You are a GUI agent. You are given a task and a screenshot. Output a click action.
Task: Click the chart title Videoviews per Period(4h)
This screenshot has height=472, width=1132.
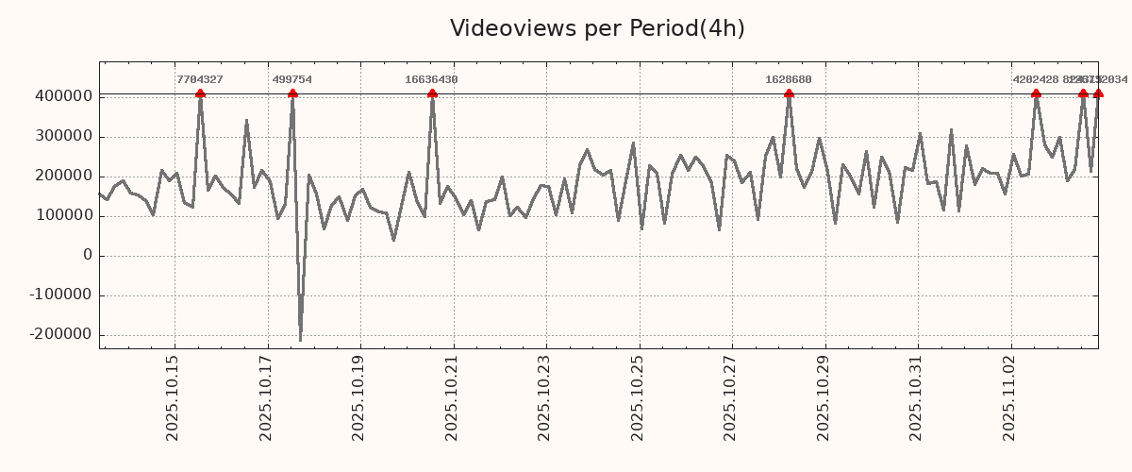point(597,28)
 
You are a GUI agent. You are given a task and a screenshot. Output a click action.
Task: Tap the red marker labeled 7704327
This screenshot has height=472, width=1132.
point(200,93)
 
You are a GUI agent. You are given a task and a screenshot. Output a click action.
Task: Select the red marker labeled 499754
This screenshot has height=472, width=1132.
point(292,93)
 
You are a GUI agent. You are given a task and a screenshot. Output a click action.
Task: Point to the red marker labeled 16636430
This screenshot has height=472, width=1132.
point(432,93)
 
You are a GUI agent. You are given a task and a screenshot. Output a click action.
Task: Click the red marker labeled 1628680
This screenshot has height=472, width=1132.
point(789,93)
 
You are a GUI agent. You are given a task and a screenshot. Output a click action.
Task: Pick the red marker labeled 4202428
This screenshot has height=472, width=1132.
point(1036,93)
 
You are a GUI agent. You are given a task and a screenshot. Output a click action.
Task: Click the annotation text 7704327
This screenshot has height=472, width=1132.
point(200,80)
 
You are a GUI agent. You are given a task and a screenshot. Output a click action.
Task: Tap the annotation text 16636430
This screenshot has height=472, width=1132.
point(431,80)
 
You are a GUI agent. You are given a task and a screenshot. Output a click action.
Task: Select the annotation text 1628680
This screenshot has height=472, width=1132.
point(789,80)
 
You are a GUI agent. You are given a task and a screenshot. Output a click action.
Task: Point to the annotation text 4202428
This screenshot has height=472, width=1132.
point(1035,80)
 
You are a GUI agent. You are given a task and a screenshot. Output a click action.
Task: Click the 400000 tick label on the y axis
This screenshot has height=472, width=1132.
point(63,96)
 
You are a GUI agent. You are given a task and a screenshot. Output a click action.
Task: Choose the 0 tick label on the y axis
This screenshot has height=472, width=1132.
point(88,256)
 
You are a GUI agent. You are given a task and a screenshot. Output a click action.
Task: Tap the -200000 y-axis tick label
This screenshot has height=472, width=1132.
point(60,335)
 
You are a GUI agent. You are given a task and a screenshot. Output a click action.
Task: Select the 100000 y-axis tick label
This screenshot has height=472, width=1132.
point(63,216)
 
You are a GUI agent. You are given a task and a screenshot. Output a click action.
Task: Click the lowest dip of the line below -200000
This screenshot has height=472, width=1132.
point(300,340)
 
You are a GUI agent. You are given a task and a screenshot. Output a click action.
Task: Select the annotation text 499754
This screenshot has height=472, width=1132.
point(292,80)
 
